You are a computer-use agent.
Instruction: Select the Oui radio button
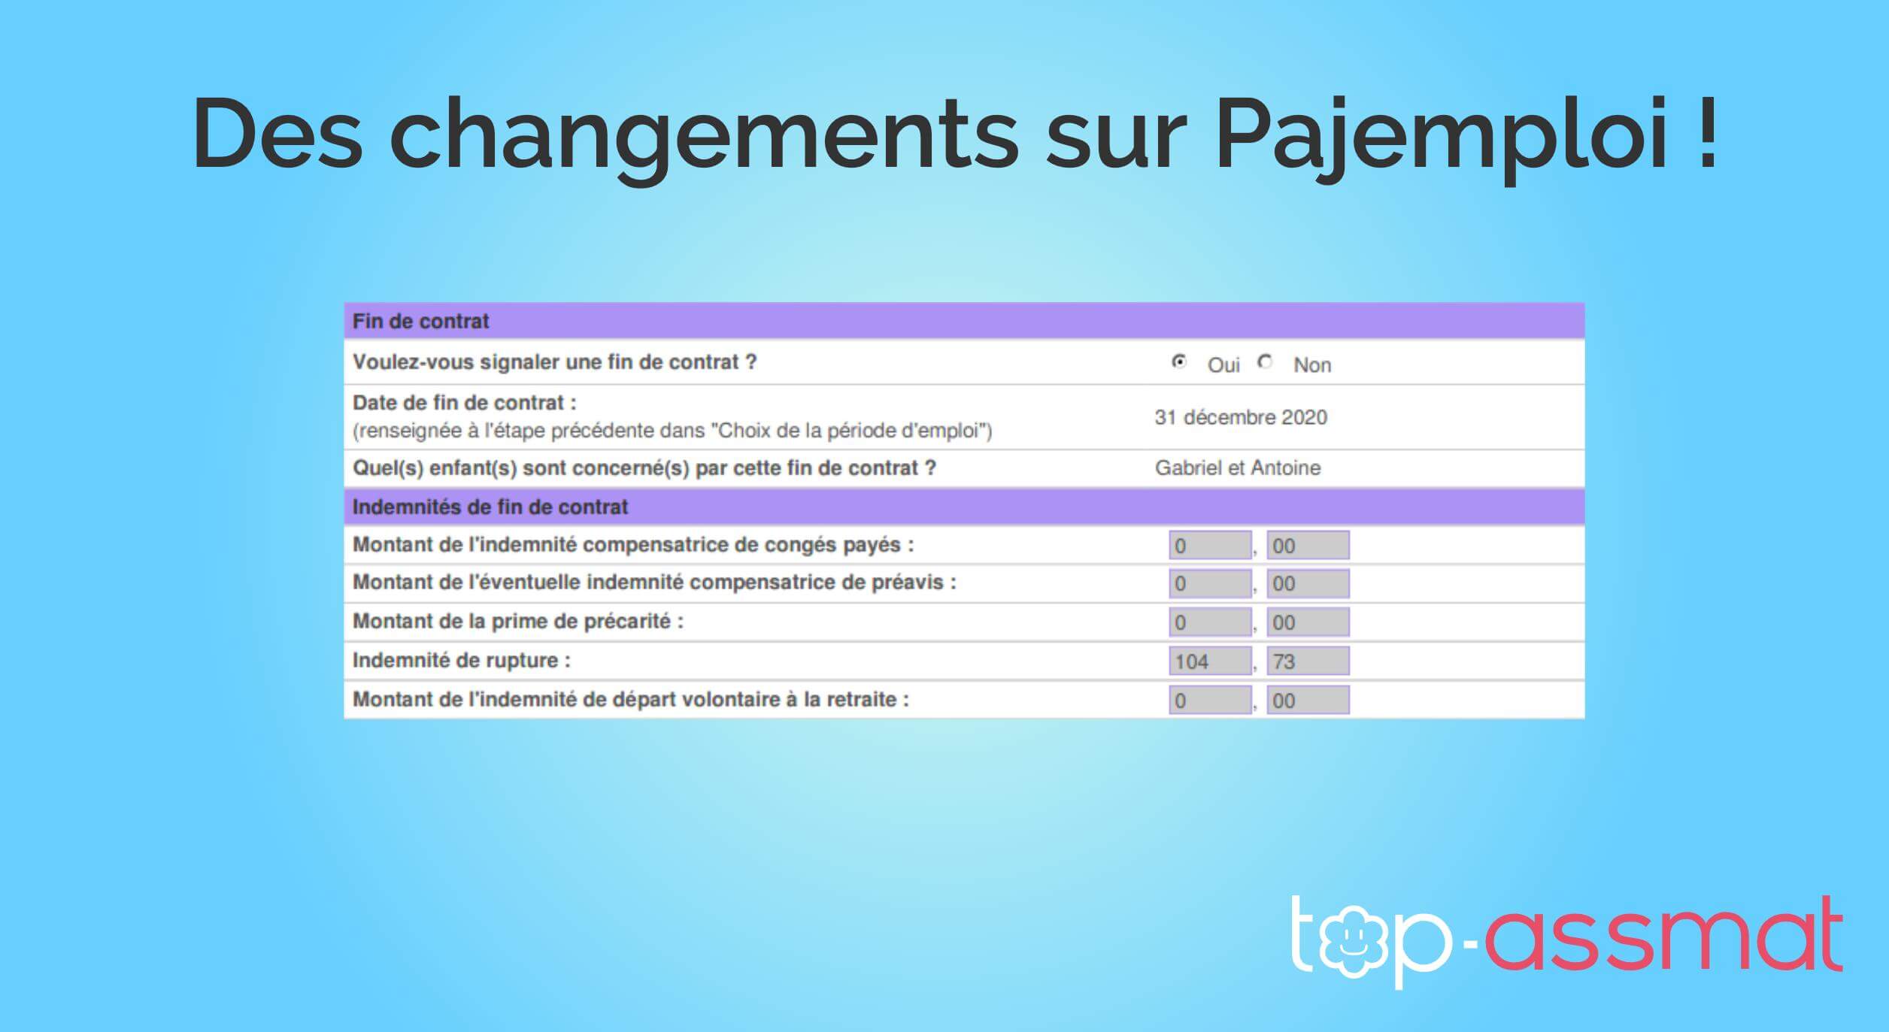click(x=1179, y=362)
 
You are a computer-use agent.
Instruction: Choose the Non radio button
click(x=1266, y=362)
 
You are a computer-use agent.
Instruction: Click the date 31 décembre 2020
click(x=1241, y=417)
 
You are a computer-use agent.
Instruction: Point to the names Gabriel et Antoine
click(x=1238, y=468)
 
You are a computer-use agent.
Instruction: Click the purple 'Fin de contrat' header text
click(x=420, y=322)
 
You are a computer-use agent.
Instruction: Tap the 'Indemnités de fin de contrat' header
click(x=490, y=507)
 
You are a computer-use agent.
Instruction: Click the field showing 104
click(x=1210, y=661)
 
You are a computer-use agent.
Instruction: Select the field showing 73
click(x=1308, y=661)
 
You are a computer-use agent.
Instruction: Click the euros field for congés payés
click(x=1210, y=545)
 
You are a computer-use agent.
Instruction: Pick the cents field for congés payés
click(x=1308, y=545)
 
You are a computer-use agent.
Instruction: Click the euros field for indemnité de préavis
click(x=1210, y=584)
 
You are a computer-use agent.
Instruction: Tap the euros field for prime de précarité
click(x=1210, y=622)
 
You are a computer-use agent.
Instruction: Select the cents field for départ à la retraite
click(x=1308, y=701)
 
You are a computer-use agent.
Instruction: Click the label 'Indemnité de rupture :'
click(x=462, y=661)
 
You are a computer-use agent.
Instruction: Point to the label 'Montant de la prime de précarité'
click(x=518, y=622)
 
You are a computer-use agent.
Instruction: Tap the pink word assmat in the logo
click(x=1664, y=936)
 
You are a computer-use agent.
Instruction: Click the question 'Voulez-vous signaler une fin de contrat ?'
click(x=555, y=362)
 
